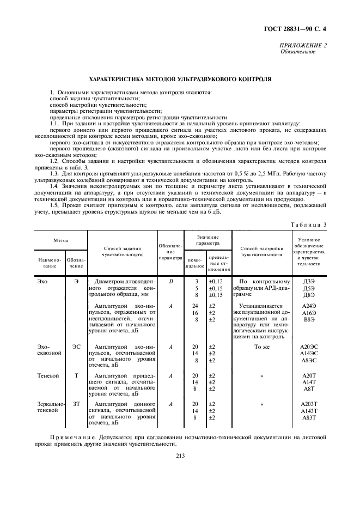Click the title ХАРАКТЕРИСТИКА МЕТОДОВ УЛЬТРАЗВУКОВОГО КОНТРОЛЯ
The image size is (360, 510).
180,79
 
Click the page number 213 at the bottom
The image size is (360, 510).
180,457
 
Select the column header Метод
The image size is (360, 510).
60,240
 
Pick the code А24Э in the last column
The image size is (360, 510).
309,306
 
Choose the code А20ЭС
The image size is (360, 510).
309,347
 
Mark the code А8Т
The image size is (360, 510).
309,389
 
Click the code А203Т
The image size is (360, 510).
309,404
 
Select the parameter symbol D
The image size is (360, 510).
170,281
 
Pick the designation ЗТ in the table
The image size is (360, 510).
76,404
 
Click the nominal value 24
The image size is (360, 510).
195,306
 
